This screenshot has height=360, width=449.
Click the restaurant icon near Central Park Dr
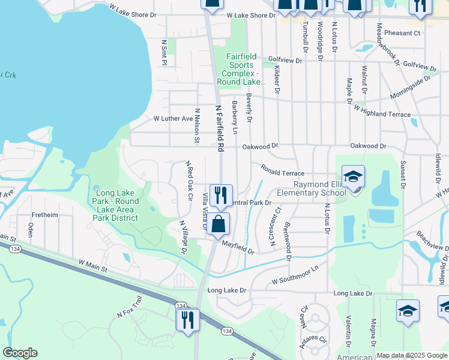(221, 194)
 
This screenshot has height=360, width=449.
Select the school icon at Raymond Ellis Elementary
(354, 177)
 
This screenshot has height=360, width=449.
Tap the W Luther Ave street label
(173, 119)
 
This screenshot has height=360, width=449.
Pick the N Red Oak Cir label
(189, 180)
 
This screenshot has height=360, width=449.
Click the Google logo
(20, 353)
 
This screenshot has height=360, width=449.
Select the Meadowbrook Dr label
(387, 43)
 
